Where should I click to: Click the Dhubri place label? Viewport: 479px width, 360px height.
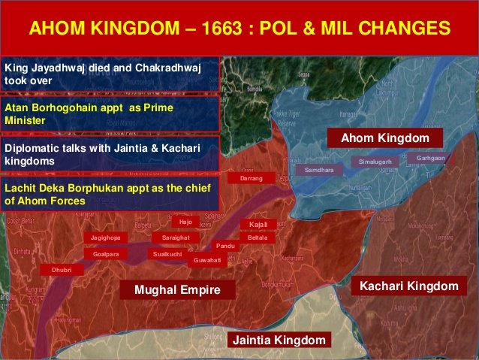click(x=62, y=268)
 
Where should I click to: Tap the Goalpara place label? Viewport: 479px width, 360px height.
click(x=106, y=254)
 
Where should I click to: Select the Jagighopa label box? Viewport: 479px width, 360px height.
click(x=105, y=237)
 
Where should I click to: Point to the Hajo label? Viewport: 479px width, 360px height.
click(x=185, y=222)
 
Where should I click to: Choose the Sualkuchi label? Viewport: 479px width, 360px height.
click(x=167, y=254)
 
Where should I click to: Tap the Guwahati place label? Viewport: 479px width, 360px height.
click(x=207, y=260)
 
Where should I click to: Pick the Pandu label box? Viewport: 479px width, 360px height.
click(x=225, y=246)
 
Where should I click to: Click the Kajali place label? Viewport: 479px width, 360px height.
click(x=258, y=224)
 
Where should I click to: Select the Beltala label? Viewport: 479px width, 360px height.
click(x=258, y=237)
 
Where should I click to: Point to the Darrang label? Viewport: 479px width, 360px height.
click(x=251, y=179)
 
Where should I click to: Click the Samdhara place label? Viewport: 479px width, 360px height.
click(x=319, y=171)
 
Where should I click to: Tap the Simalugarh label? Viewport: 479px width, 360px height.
click(x=376, y=162)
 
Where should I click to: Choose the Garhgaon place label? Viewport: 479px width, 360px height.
click(x=430, y=158)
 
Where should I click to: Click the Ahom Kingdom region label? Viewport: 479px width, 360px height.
click(x=385, y=138)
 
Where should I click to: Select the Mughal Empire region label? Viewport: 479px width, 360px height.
click(x=173, y=289)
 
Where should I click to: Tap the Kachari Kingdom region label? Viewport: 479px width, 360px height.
click(x=408, y=286)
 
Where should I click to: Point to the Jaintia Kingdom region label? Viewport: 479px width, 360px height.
click(x=279, y=340)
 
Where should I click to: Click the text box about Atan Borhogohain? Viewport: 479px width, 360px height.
click(x=110, y=113)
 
